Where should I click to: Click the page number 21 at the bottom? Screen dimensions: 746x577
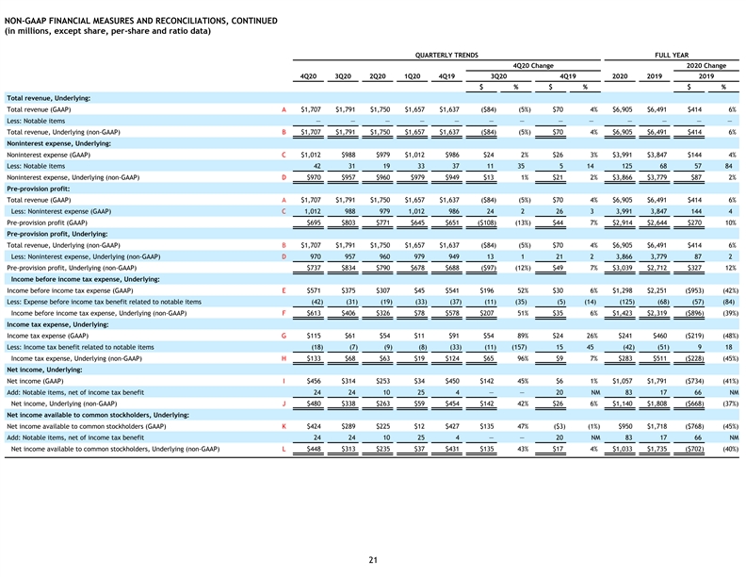pyautogui.click(x=373, y=560)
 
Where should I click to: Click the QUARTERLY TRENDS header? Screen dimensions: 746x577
pyautogui.click(x=446, y=55)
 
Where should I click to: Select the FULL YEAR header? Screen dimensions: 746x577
pyautogui.click(x=672, y=55)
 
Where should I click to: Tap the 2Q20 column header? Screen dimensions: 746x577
pyautogui.click(x=378, y=76)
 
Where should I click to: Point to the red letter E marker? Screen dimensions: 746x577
pyautogui.click(x=284, y=290)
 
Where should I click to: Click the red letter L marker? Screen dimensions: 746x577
pyautogui.click(x=284, y=449)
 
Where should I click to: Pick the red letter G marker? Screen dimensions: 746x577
pyautogui.click(x=284, y=336)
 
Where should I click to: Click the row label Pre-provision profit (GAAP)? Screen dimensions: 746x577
pyautogui.click(x=47, y=223)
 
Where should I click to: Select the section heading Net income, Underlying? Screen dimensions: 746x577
pyautogui.click(x=44, y=370)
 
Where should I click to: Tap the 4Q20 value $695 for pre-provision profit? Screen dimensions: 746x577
pyautogui.click(x=314, y=223)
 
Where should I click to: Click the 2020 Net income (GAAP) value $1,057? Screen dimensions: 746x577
pyautogui.click(x=623, y=381)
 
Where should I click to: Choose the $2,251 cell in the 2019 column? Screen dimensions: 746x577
pyautogui.click(x=657, y=290)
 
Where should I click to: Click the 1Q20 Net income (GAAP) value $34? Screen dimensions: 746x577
pyautogui.click(x=419, y=381)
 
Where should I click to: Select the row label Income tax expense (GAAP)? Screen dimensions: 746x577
pyautogui.click(x=47, y=336)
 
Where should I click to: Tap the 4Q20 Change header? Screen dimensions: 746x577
pyautogui.click(x=533, y=65)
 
